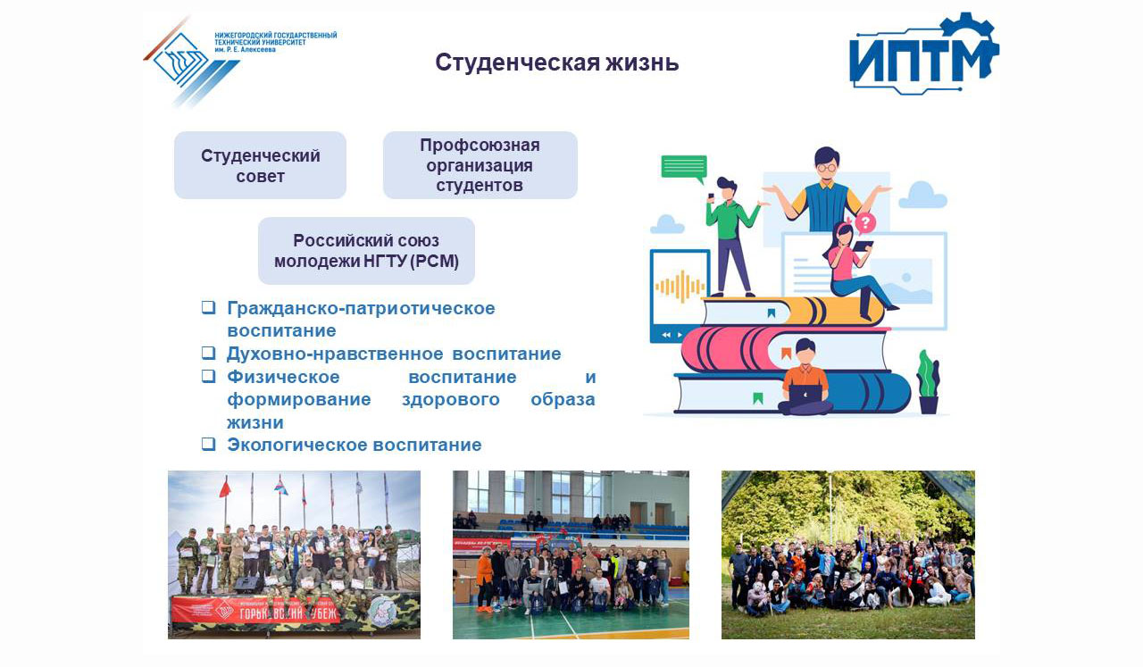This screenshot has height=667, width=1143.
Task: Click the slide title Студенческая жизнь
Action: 556,63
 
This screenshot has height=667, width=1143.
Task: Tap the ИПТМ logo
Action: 924,54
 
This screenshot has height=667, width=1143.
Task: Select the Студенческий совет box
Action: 260,165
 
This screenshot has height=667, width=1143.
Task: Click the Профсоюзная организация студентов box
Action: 480,165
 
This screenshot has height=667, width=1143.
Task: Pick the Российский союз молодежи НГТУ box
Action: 366,251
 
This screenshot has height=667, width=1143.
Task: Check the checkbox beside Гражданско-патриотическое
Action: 208,307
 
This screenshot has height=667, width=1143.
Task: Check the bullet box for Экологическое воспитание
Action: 208,444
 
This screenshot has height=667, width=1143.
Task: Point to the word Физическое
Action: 283,377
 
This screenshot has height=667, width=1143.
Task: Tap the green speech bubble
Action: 684,168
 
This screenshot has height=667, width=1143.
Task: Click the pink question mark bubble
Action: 865,223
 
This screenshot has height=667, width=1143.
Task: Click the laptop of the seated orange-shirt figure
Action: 805,394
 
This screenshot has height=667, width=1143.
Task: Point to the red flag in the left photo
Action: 225,488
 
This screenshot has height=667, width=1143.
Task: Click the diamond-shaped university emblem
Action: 180,60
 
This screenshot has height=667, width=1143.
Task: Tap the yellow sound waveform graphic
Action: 680,287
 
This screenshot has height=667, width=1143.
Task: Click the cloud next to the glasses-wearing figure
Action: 922,195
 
